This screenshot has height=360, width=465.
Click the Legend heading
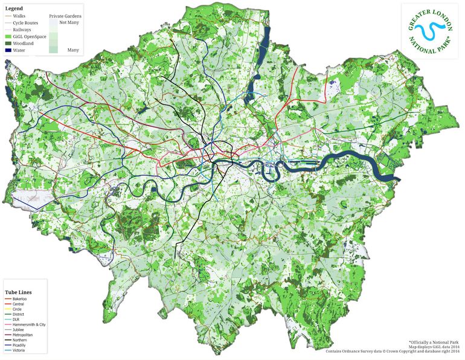pos(15,7)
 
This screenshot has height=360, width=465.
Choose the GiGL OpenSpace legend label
pos(28,36)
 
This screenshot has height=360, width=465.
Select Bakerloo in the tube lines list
pos(19,298)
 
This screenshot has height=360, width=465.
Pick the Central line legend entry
pos(18,304)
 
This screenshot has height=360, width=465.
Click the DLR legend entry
pos(16,320)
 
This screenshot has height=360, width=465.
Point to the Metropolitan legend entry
pos(22,335)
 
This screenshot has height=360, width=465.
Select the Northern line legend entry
pos(19,340)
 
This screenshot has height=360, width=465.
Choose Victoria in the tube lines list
pos(19,350)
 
